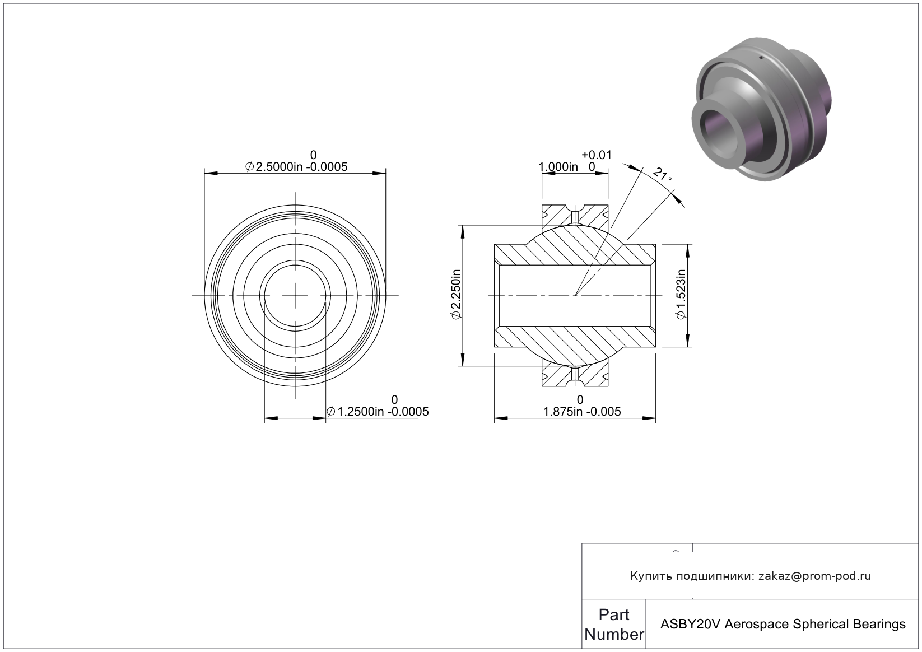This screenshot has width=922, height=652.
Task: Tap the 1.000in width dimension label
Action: click(x=558, y=167)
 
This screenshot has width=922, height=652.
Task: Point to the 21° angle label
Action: click(x=662, y=175)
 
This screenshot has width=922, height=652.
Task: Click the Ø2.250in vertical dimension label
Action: click(x=457, y=294)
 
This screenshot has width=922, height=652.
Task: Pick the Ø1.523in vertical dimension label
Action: click(x=681, y=294)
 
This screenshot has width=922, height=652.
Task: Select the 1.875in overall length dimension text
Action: click(x=582, y=412)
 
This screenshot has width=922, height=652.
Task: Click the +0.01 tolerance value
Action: click(x=597, y=155)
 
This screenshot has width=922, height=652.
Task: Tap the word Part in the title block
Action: click(x=614, y=614)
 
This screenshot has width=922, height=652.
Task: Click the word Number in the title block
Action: click(x=614, y=634)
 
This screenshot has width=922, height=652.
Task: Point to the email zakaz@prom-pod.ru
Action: click(x=815, y=576)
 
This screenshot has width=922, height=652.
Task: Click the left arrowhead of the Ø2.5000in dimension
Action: click(x=211, y=173)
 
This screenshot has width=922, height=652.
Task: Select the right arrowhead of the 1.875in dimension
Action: click(x=649, y=418)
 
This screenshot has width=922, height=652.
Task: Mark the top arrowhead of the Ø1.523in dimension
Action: click(x=687, y=251)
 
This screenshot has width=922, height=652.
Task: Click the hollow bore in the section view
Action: click(x=575, y=296)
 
